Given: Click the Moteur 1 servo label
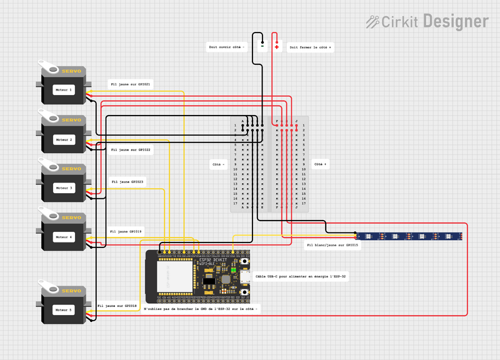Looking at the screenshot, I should [x=63, y=89].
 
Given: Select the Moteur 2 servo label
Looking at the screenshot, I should [x=63, y=139].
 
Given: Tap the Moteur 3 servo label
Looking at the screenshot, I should [x=63, y=187].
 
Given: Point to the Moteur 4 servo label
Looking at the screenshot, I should [x=63, y=237].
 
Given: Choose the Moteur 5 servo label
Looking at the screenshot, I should [x=63, y=309].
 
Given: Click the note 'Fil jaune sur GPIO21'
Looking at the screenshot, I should [x=130, y=84].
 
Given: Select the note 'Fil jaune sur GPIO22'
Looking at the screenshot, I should [x=131, y=150].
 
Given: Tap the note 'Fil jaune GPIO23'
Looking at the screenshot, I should [x=127, y=182].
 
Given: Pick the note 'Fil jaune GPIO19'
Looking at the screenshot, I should [x=126, y=232].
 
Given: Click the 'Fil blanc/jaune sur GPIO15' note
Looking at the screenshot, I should [x=332, y=246].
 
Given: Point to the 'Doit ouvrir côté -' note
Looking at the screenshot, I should [x=226, y=47].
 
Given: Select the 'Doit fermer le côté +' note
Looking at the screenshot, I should [x=310, y=47].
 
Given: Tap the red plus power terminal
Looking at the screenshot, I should [x=277, y=46].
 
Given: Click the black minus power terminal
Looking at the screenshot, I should [x=262, y=45].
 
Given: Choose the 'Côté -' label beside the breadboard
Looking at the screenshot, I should [x=219, y=164].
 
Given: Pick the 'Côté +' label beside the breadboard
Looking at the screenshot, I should [x=319, y=164].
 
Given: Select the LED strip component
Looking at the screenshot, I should [x=409, y=236].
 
